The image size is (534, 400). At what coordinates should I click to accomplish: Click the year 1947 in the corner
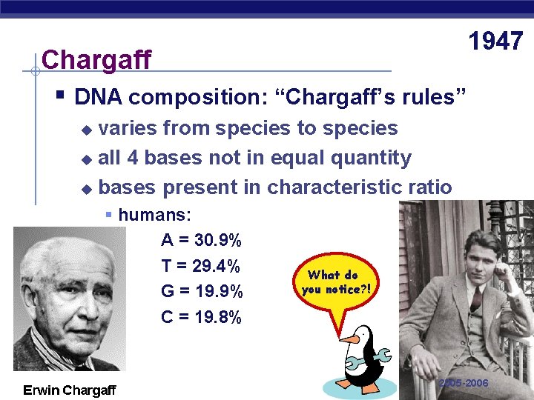[x=495, y=41]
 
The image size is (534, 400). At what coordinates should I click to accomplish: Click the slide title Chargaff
[x=96, y=59]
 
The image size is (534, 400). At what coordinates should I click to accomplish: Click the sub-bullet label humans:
[x=154, y=216]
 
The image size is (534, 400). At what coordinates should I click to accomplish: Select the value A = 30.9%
[x=201, y=241]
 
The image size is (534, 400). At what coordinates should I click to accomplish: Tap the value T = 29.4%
[x=201, y=266]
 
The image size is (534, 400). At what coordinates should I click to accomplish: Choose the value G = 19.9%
[x=201, y=291]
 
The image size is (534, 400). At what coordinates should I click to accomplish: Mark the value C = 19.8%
[x=201, y=317]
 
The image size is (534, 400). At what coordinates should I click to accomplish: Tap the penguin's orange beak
[x=349, y=339]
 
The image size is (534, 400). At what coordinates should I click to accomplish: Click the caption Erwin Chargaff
[x=69, y=390]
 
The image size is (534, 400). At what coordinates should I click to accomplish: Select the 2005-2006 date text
[x=464, y=383]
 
